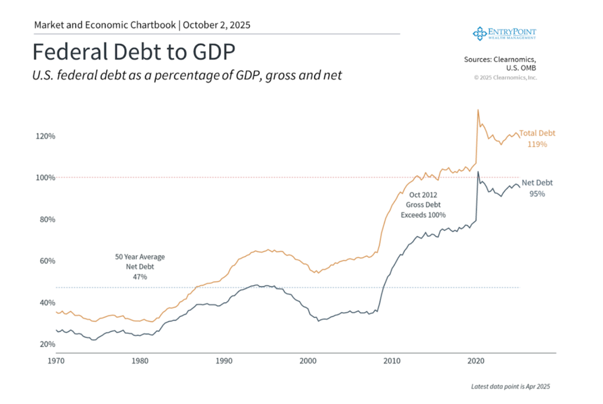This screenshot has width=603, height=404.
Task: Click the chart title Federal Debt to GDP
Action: click(134, 52)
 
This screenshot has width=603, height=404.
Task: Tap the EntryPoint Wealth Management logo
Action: click(505, 33)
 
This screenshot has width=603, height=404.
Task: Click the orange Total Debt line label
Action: click(536, 134)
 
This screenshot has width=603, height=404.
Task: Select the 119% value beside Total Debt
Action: click(537, 144)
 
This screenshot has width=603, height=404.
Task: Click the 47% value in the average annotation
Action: click(140, 276)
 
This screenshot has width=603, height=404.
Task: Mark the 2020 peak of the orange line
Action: click(478, 110)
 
